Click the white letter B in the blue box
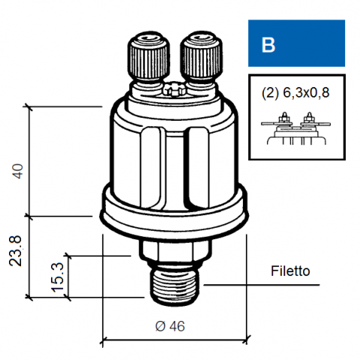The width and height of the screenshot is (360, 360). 268,45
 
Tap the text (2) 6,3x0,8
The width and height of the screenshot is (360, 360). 295,93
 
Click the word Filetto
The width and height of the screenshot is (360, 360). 290,271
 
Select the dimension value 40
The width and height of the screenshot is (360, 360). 18,171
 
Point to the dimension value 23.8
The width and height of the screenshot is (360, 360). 16,250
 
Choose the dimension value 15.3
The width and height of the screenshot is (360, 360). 58,277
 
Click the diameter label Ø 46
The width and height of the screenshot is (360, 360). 170,326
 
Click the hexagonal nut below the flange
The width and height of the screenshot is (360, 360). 175,250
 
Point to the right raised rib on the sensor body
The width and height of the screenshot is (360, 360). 199,168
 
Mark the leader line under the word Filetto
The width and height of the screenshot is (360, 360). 262,285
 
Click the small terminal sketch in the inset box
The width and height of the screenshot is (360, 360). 296,128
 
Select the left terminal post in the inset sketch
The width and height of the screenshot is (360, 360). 284,118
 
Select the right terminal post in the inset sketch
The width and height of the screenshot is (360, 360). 309,118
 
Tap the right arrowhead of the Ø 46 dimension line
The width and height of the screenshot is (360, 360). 246,340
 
